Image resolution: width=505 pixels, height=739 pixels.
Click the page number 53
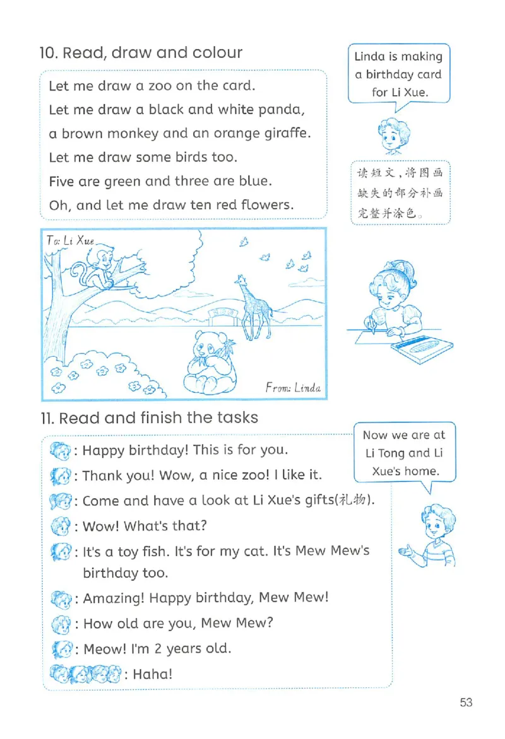pos(466,702)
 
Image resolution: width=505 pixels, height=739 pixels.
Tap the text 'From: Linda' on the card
pos(293,387)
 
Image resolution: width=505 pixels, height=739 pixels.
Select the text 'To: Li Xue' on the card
pos(70,240)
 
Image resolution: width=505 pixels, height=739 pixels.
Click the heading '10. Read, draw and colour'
pos(141,52)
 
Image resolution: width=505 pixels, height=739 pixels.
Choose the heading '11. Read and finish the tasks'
pos(149,417)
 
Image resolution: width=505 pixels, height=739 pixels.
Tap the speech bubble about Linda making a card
pos(398,74)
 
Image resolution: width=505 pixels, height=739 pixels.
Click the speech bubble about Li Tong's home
pos(404,453)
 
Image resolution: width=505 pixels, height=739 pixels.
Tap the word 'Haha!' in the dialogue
pos(152,673)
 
